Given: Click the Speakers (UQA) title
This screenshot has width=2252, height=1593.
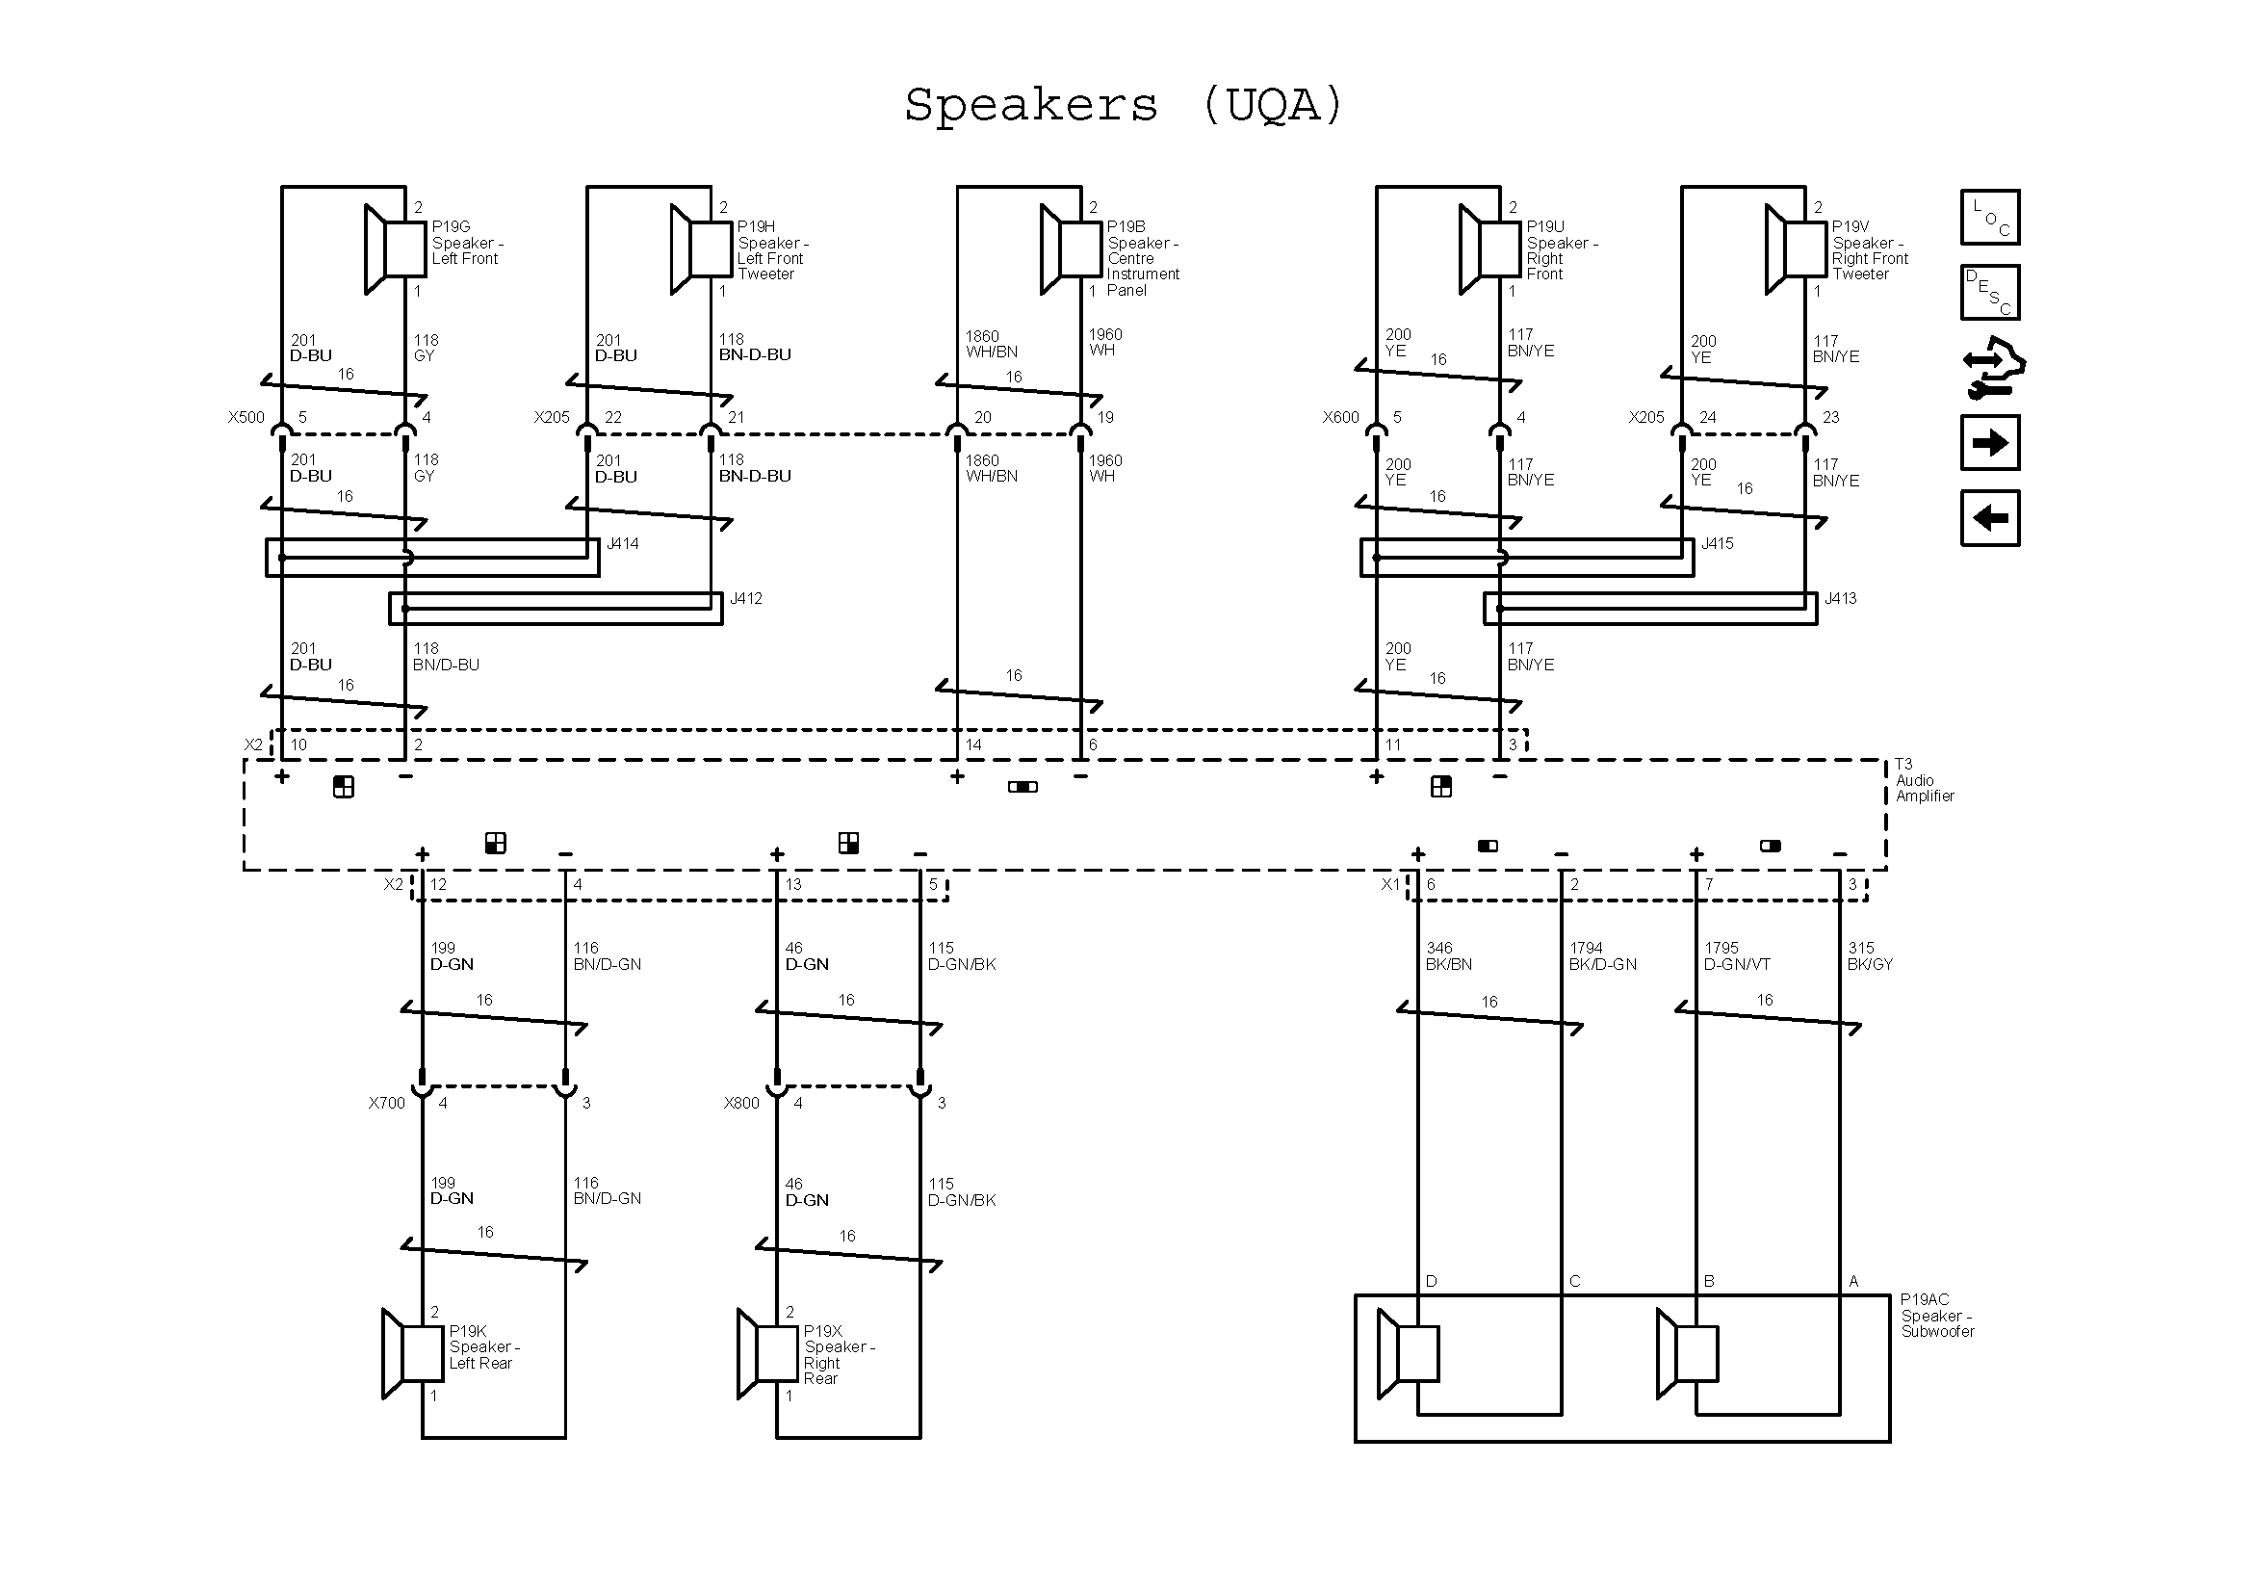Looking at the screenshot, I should pos(1124,105).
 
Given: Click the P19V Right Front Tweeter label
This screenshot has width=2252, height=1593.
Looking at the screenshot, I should pos(1870,250).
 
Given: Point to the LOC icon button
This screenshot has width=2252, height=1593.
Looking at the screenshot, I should pos(1990,217).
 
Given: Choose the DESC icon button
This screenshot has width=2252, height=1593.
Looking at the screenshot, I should pos(1990,293).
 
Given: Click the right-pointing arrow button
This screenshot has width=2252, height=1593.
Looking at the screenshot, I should pos(1990,443).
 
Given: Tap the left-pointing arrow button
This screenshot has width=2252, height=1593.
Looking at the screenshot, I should pos(1990,518).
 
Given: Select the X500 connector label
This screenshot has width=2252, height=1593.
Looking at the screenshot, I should pos(246,417).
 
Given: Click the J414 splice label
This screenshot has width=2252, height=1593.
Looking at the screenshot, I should pos(623,543).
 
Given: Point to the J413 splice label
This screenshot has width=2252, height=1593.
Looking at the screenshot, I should pos(1840,598).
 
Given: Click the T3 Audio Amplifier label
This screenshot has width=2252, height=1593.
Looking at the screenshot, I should pos(1924,780).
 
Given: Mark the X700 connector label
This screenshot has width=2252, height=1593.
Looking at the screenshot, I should pos(386,1103).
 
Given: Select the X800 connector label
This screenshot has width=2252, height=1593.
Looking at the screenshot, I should pos(741,1103).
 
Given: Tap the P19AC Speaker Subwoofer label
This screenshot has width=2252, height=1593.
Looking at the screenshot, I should pos(1936,1316).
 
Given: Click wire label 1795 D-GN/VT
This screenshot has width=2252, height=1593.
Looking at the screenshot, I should pos(1737,956).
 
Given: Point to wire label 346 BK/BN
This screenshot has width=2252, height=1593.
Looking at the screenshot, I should pos(1449,956).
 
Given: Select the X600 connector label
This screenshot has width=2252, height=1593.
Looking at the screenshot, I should pos(1341,417).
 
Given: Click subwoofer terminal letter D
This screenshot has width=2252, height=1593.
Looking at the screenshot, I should pos(1431,1281).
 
